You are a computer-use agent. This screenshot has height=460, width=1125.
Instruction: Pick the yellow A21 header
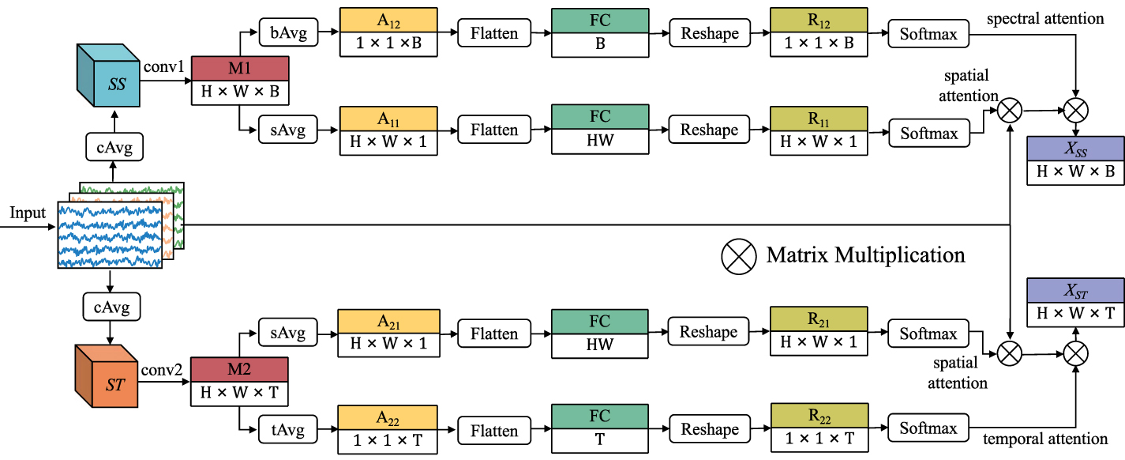pos(388,321)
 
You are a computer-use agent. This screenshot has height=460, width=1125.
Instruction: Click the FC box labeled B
pos(600,32)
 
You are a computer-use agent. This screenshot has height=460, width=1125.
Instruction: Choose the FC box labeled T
pos(600,429)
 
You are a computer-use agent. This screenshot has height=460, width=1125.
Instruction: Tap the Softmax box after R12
pos(928,34)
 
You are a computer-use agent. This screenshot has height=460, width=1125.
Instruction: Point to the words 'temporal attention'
pos(1045,439)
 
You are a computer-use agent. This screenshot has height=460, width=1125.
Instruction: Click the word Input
pos(28,213)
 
